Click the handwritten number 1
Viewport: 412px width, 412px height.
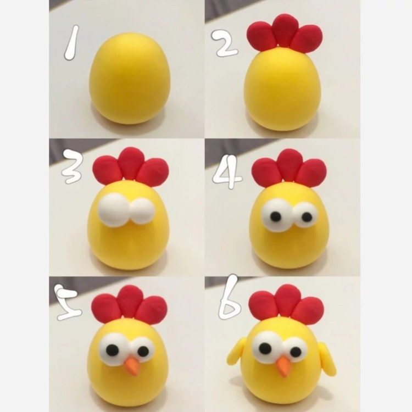72,42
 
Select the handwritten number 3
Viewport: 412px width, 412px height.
72,166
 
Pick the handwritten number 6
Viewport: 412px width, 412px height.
229,297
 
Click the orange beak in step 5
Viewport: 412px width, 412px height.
131,365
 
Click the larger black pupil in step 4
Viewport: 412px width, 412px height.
276,216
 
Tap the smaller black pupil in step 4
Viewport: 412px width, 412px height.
307,217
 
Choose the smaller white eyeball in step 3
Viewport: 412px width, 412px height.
142,211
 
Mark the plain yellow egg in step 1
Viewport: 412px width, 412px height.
130,79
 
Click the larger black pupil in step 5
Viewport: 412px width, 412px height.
113,349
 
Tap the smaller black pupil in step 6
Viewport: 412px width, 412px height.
296,352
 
